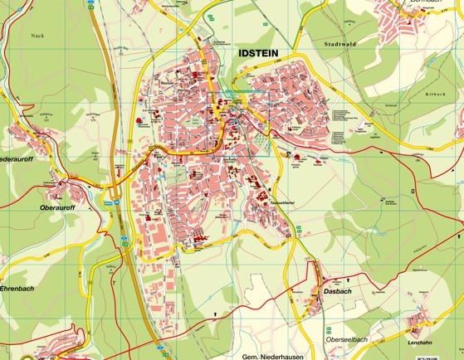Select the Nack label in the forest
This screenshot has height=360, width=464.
(36, 36)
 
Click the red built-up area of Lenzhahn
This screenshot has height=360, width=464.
(417, 322)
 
